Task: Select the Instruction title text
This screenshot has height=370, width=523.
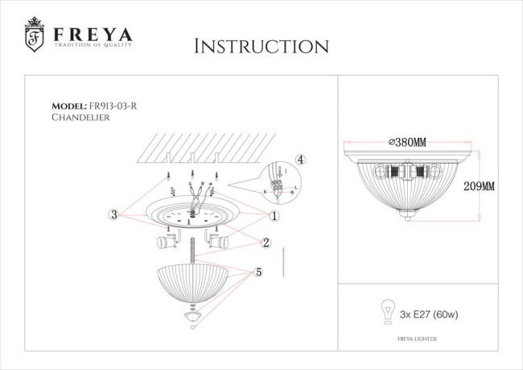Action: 261,46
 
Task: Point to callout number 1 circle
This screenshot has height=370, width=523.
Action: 274,215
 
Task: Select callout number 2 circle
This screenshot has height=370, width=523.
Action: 266,242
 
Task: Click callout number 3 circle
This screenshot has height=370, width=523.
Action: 114,214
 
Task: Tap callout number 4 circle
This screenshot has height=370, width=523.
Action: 300,160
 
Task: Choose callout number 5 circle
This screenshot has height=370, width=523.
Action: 259,272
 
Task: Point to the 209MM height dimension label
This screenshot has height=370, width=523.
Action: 480,185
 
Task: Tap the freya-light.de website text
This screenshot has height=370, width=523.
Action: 423,340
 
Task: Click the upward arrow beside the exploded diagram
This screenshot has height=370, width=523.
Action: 287,261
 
